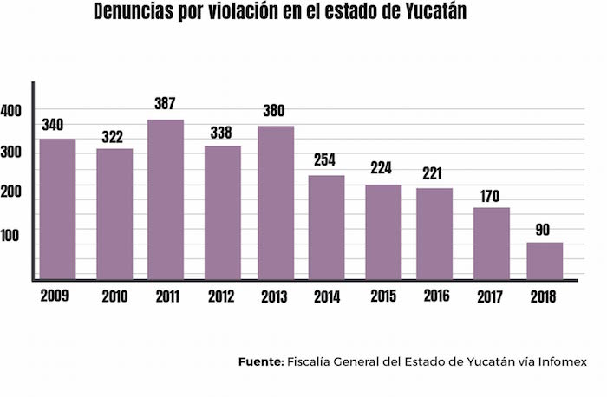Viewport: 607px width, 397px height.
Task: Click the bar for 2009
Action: (57, 208)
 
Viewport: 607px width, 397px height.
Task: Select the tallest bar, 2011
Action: (166, 198)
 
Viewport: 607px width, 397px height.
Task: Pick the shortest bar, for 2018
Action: (545, 260)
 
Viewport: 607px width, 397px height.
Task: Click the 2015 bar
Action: (383, 231)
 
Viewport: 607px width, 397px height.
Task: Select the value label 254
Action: (327, 160)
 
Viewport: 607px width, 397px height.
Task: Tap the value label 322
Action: (114, 135)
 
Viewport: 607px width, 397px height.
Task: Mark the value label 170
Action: (491, 194)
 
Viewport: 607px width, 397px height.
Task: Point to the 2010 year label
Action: (114, 296)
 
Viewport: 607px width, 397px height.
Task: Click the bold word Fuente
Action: (260, 361)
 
